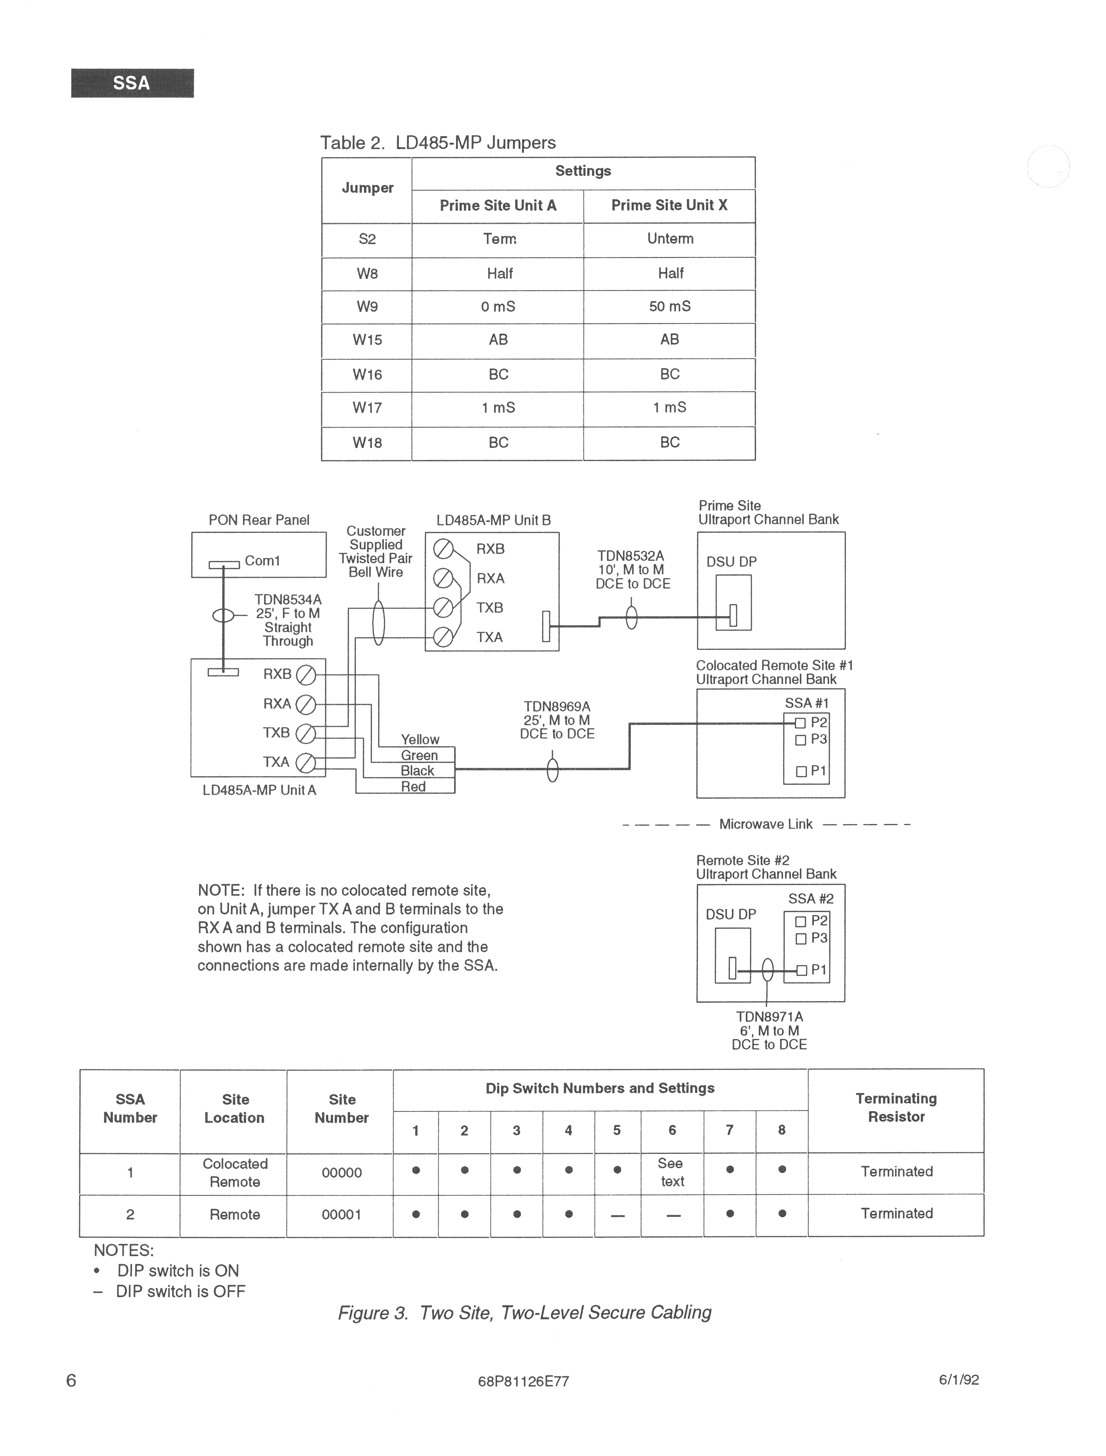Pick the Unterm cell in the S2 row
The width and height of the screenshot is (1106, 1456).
click(670, 239)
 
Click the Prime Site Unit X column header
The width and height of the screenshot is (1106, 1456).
click(669, 205)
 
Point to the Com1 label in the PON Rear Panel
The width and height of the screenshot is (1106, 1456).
click(262, 561)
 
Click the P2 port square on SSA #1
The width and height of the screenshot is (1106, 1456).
click(800, 723)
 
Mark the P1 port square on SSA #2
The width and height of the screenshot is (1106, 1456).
click(800, 970)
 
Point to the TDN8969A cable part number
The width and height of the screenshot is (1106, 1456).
click(557, 707)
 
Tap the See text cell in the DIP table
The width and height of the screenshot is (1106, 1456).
click(672, 1172)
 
